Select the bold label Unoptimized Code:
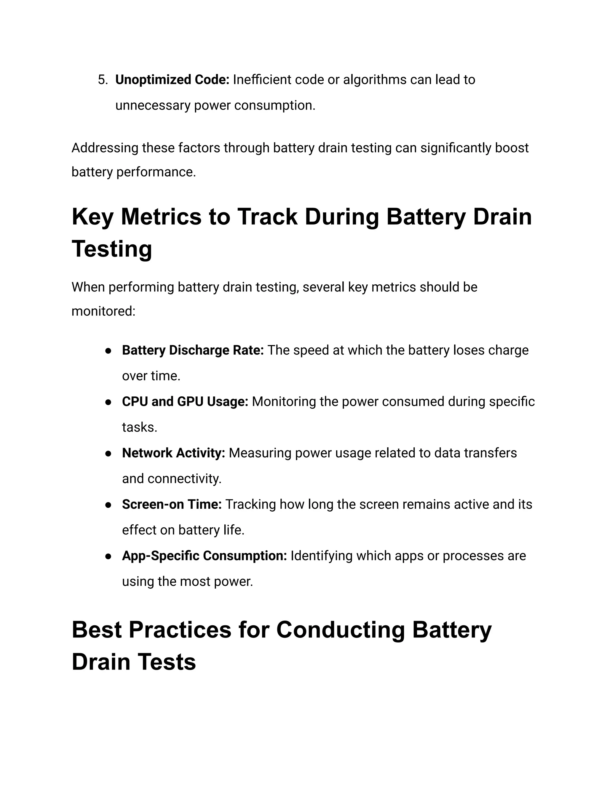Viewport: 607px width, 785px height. pyautogui.click(x=172, y=80)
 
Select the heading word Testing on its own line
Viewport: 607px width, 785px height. pyautogui.click(x=112, y=249)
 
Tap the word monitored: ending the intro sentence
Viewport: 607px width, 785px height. pyautogui.click(x=103, y=311)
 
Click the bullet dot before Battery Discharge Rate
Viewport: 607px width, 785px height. pyautogui.click(x=108, y=351)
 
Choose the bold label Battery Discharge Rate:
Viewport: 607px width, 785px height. pyautogui.click(x=193, y=350)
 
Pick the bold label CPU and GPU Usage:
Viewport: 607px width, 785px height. pyautogui.click(x=185, y=402)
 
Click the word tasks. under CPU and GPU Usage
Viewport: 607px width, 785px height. pyautogui.click(x=140, y=428)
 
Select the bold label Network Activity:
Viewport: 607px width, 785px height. pyautogui.click(x=173, y=453)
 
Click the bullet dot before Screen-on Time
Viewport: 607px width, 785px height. pyautogui.click(x=108, y=505)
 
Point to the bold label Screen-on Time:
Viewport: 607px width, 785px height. pyautogui.click(x=172, y=505)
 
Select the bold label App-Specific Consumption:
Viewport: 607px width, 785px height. pyautogui.click(x=204, y=556)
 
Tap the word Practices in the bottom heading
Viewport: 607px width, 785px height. pyautogui.click(x=180, y=630)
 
